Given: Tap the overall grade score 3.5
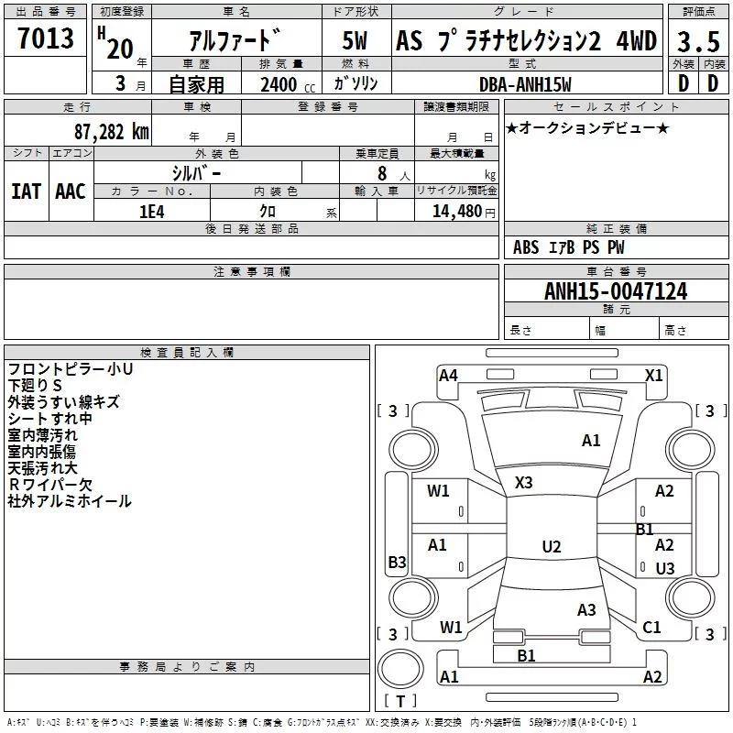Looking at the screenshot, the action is point(697,41).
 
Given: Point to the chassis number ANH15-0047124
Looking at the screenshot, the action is point(616,291).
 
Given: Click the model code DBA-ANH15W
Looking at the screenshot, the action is point(525,84).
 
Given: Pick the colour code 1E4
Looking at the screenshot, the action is point(151,211).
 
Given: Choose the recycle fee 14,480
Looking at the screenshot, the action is point(461,211).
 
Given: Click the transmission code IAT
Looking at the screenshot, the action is point(26,191).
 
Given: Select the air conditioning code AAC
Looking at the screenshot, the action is point(71,191).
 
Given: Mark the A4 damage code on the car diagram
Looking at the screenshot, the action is point(448,376).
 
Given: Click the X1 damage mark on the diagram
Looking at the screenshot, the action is point(653,376).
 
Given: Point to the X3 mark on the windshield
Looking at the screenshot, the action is point(524,482).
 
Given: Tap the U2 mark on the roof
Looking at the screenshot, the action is point(552,547).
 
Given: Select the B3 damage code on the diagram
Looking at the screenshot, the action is point(397,563).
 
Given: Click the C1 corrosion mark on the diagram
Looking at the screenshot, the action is point(651,628).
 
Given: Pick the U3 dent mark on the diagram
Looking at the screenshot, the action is point(665,569).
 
